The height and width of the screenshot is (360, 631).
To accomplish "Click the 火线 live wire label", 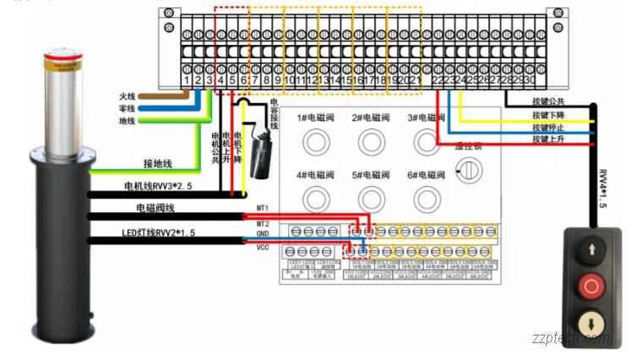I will [128, 95].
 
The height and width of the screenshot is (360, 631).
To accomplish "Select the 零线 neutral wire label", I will [128, 108].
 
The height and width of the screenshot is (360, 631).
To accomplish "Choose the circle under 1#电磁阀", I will [318, 140].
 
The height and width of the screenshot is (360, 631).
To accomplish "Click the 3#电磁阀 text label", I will [426, 117].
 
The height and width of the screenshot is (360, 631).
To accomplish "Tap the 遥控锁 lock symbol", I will [464, 172].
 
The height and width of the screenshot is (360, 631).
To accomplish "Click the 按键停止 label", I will [551, 127].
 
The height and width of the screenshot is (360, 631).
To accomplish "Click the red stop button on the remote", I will [590, 286].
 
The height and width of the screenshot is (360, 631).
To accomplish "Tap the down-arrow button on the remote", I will [590, 321].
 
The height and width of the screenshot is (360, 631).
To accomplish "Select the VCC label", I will [263, 248].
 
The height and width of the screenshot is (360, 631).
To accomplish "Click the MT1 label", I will [263, 208].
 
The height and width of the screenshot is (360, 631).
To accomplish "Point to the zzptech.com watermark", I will [571, 337].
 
